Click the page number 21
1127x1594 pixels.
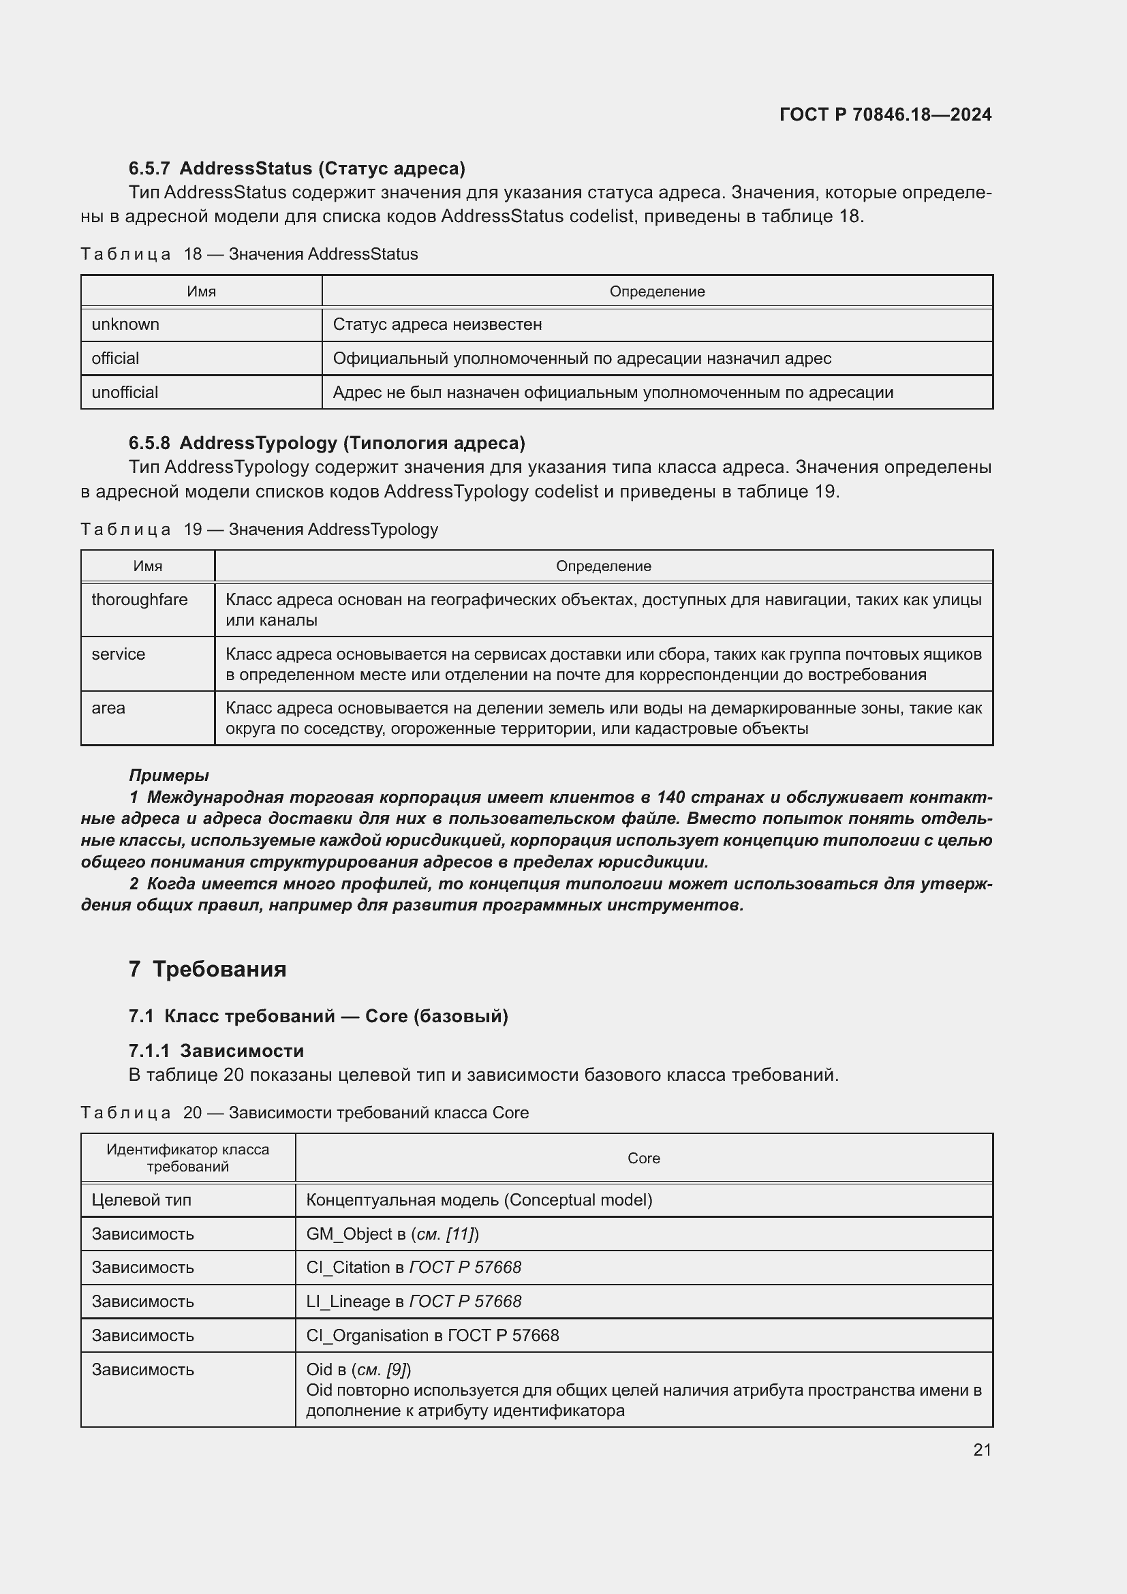[x=982, y=1450]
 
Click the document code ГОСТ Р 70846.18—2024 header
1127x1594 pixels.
[x=885, y=114]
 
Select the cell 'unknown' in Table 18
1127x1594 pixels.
[x=125, y=324]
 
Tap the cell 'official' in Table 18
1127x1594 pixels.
[x=115, y=358]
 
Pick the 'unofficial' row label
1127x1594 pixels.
[x=125, y=393]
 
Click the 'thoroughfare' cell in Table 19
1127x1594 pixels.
[x=140, y=599]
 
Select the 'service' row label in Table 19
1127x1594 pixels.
[x=119, y=654]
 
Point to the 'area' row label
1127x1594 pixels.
[x=108, y=708]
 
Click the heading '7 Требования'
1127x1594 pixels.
[x=208, y=968]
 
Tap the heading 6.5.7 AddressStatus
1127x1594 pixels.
[x=297, y=168]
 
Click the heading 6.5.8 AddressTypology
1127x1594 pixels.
[x=327, y=443]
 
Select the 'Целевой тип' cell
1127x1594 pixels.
[x=142, y=1199]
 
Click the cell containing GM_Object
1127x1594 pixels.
[x=392, y=1233]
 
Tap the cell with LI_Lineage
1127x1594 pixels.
[x=414, y=1301]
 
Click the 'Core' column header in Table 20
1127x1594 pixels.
[x=643, y=1158]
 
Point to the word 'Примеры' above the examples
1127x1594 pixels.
[x=168, y=775]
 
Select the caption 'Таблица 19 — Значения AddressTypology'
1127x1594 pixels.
[x=260, y=529]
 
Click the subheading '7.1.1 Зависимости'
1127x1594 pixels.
[x=217, y=1050]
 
